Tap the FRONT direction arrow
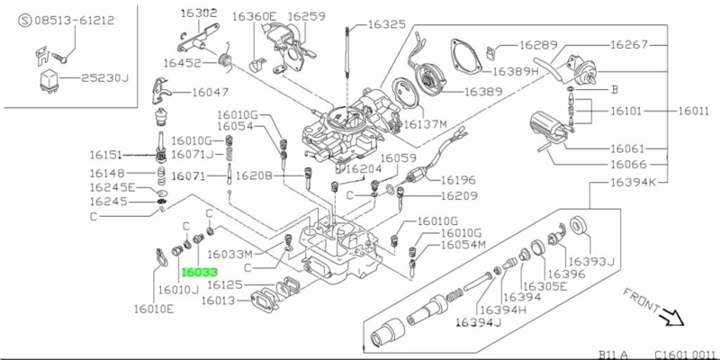670,318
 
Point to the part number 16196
464,179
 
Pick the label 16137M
429,124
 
